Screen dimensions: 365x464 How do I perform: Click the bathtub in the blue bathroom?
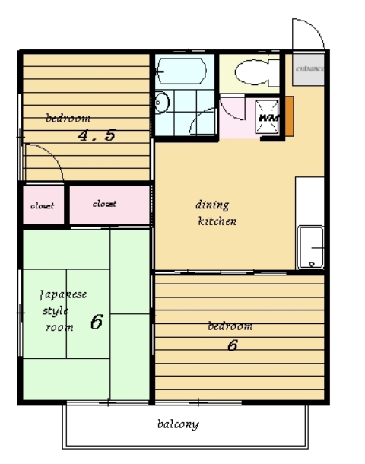(x=181, y=71)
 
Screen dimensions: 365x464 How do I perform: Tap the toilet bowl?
(x=257, y=72)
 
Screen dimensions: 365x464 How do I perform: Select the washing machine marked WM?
(x=267, y=117)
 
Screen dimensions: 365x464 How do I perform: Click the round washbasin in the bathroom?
(x=161, y=103)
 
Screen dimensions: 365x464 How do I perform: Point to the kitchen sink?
(x=310, y=247)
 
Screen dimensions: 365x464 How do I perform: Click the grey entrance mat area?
(x=309, y=69)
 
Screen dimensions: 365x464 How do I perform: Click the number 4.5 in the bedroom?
(x=97, y=135)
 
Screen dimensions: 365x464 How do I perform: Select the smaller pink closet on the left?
(x=43, y=205)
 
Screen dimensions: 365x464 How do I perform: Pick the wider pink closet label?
(x=104, y=204)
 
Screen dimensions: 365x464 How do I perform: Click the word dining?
(x=212, y=205)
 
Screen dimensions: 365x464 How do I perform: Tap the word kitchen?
(x=217, y=221)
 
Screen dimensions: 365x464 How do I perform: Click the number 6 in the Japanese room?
(x=97, y=322)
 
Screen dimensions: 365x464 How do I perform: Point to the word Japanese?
(x=63, y=294)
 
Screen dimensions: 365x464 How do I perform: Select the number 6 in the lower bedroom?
(x=233, y=345)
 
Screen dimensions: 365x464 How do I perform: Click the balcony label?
(x=178, y=424)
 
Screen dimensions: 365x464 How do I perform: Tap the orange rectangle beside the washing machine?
(x=289, y=116)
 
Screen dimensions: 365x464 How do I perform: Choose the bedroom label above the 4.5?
(x=68, y=119)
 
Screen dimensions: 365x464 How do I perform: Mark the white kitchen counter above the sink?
(x=309, y=202)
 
